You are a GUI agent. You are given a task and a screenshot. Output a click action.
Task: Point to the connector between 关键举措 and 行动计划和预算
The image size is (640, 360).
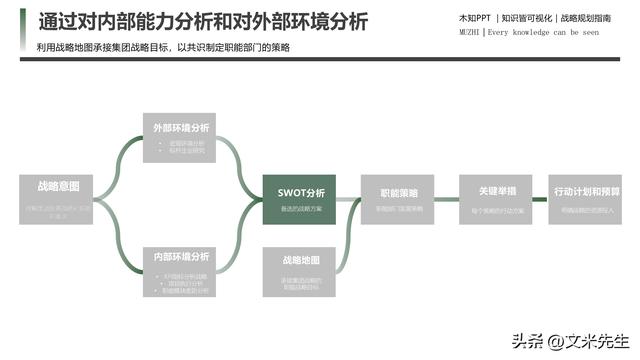tap(540, 199)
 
